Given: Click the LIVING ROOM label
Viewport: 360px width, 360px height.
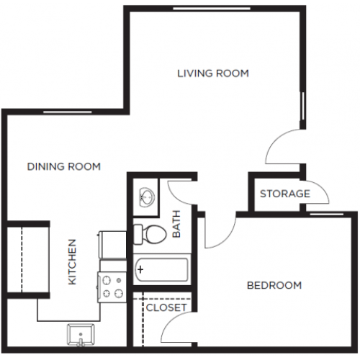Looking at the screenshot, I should click(213, 73).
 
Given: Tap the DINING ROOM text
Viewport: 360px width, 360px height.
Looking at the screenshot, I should click(63, 166).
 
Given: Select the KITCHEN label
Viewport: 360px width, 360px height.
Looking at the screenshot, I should click(73, 261).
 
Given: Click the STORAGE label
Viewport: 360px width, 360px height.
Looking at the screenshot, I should click(284, 194).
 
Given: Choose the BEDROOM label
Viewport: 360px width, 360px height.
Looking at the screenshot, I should click(274, 285).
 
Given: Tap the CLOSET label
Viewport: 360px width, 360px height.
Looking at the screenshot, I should click(166, 307).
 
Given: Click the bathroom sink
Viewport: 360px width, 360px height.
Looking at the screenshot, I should click(145, 197).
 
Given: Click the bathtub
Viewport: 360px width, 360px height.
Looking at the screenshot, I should click(161, 270).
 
